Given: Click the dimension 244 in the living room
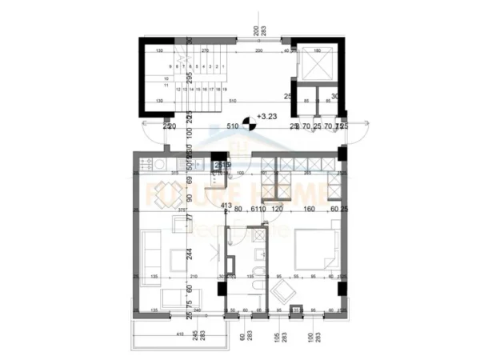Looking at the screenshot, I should coord(190,254).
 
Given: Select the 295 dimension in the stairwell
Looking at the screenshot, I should coord(190,78).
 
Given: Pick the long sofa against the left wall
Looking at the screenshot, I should coord(147,253).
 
